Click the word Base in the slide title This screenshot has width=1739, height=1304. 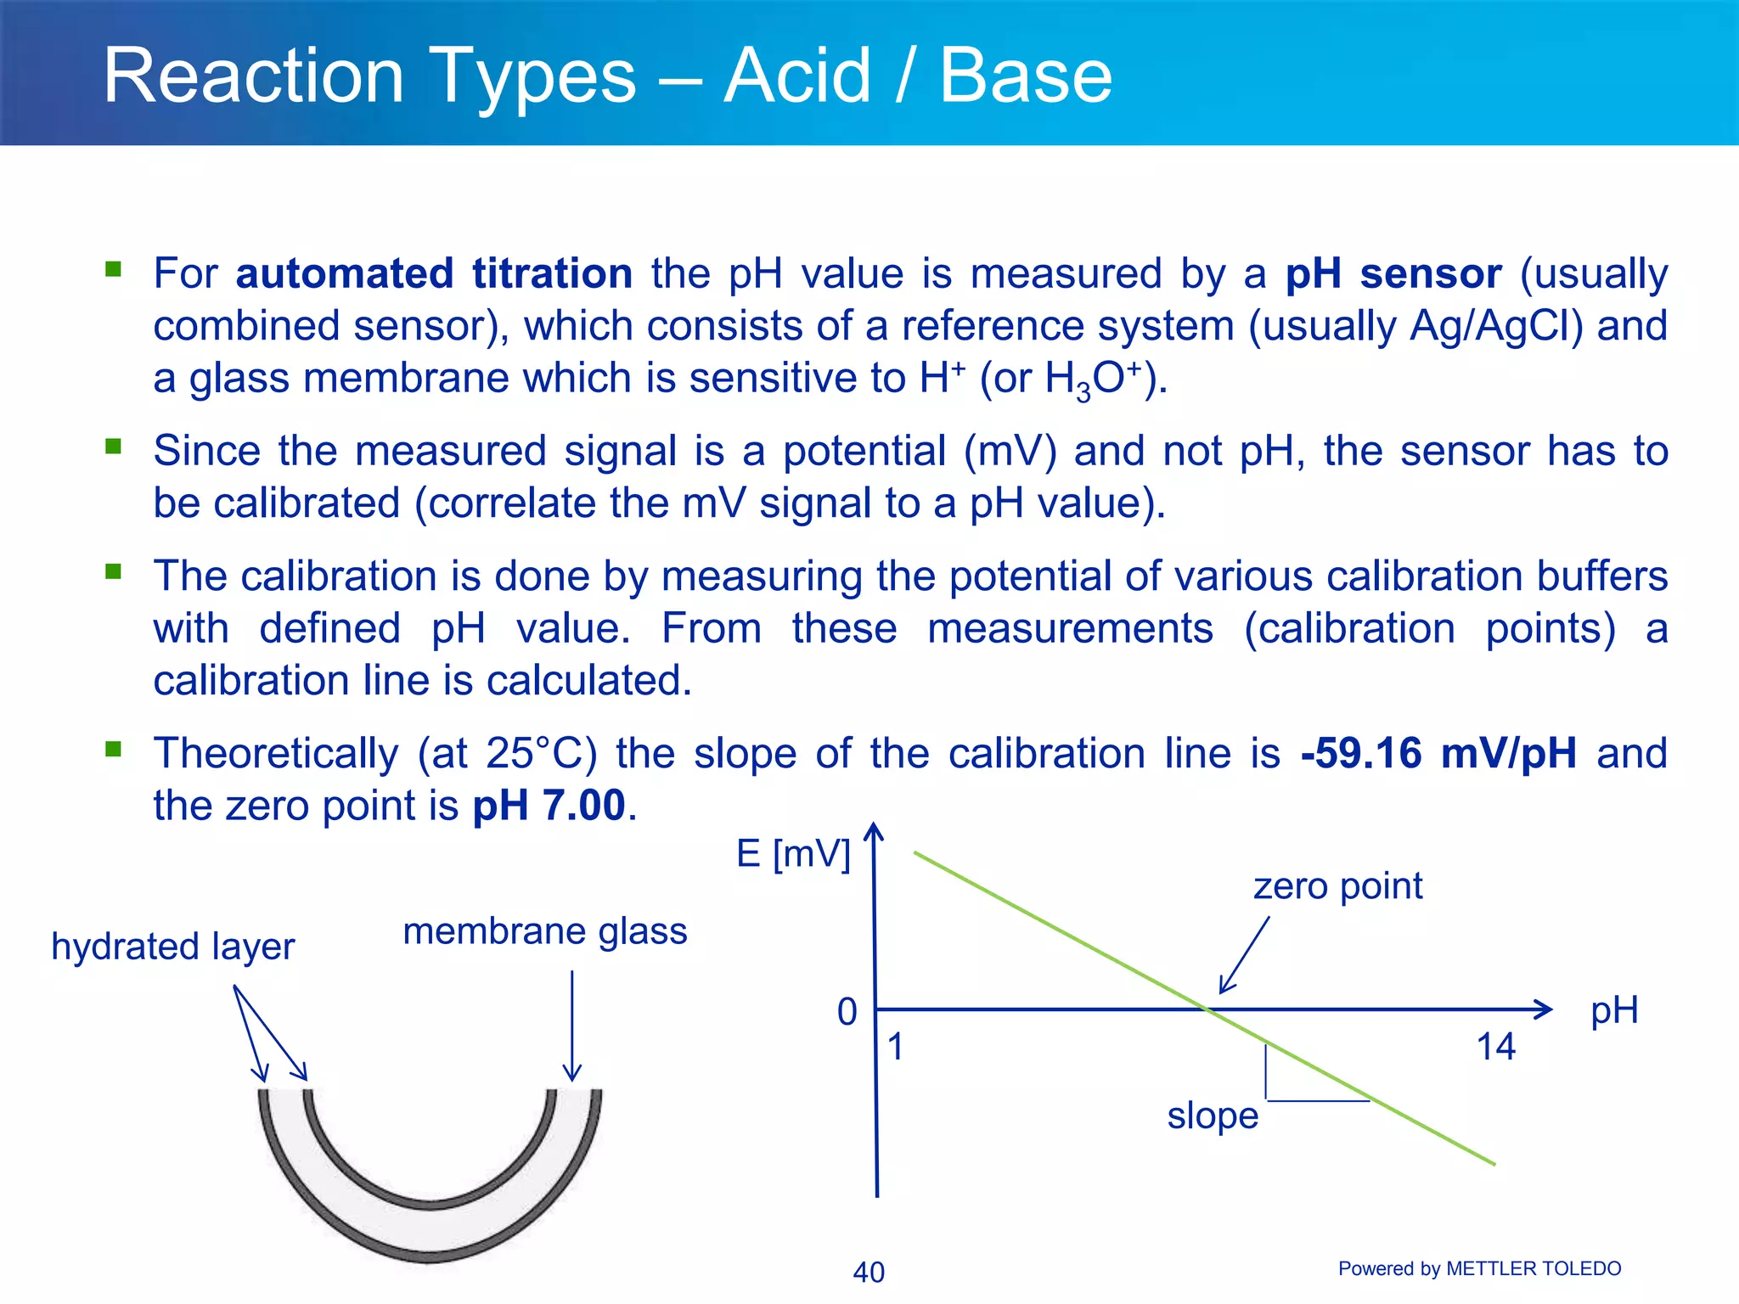tap(1025, 76)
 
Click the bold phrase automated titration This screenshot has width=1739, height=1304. tap(434, 274)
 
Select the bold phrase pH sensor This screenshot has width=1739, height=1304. tap(1393, 274)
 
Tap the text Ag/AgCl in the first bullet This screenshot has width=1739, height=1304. tap(1496, 326)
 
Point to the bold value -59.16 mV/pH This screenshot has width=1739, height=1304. tap(1438, 753)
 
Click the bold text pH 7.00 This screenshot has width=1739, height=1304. tap(549, 806)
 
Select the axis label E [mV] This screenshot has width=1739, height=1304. tap(792, 853)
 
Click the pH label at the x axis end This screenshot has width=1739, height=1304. tap(1613, 1010)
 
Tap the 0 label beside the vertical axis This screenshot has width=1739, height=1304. tap(847, 1012)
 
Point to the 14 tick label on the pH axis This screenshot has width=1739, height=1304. tap(1495, 1047)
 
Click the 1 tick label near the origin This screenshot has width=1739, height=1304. tap(895, 1047)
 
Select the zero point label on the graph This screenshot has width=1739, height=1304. tap(1337, 886)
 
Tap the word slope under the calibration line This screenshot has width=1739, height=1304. tap(1212, 1116)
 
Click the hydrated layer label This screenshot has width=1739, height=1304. tap(172, 947)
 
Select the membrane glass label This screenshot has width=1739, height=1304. tap(544, 931)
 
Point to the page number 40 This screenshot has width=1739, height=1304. tap(868, 1272)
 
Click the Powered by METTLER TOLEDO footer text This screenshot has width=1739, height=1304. tap(1479, 1268)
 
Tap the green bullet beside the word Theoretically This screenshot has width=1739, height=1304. tap(113, 749)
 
